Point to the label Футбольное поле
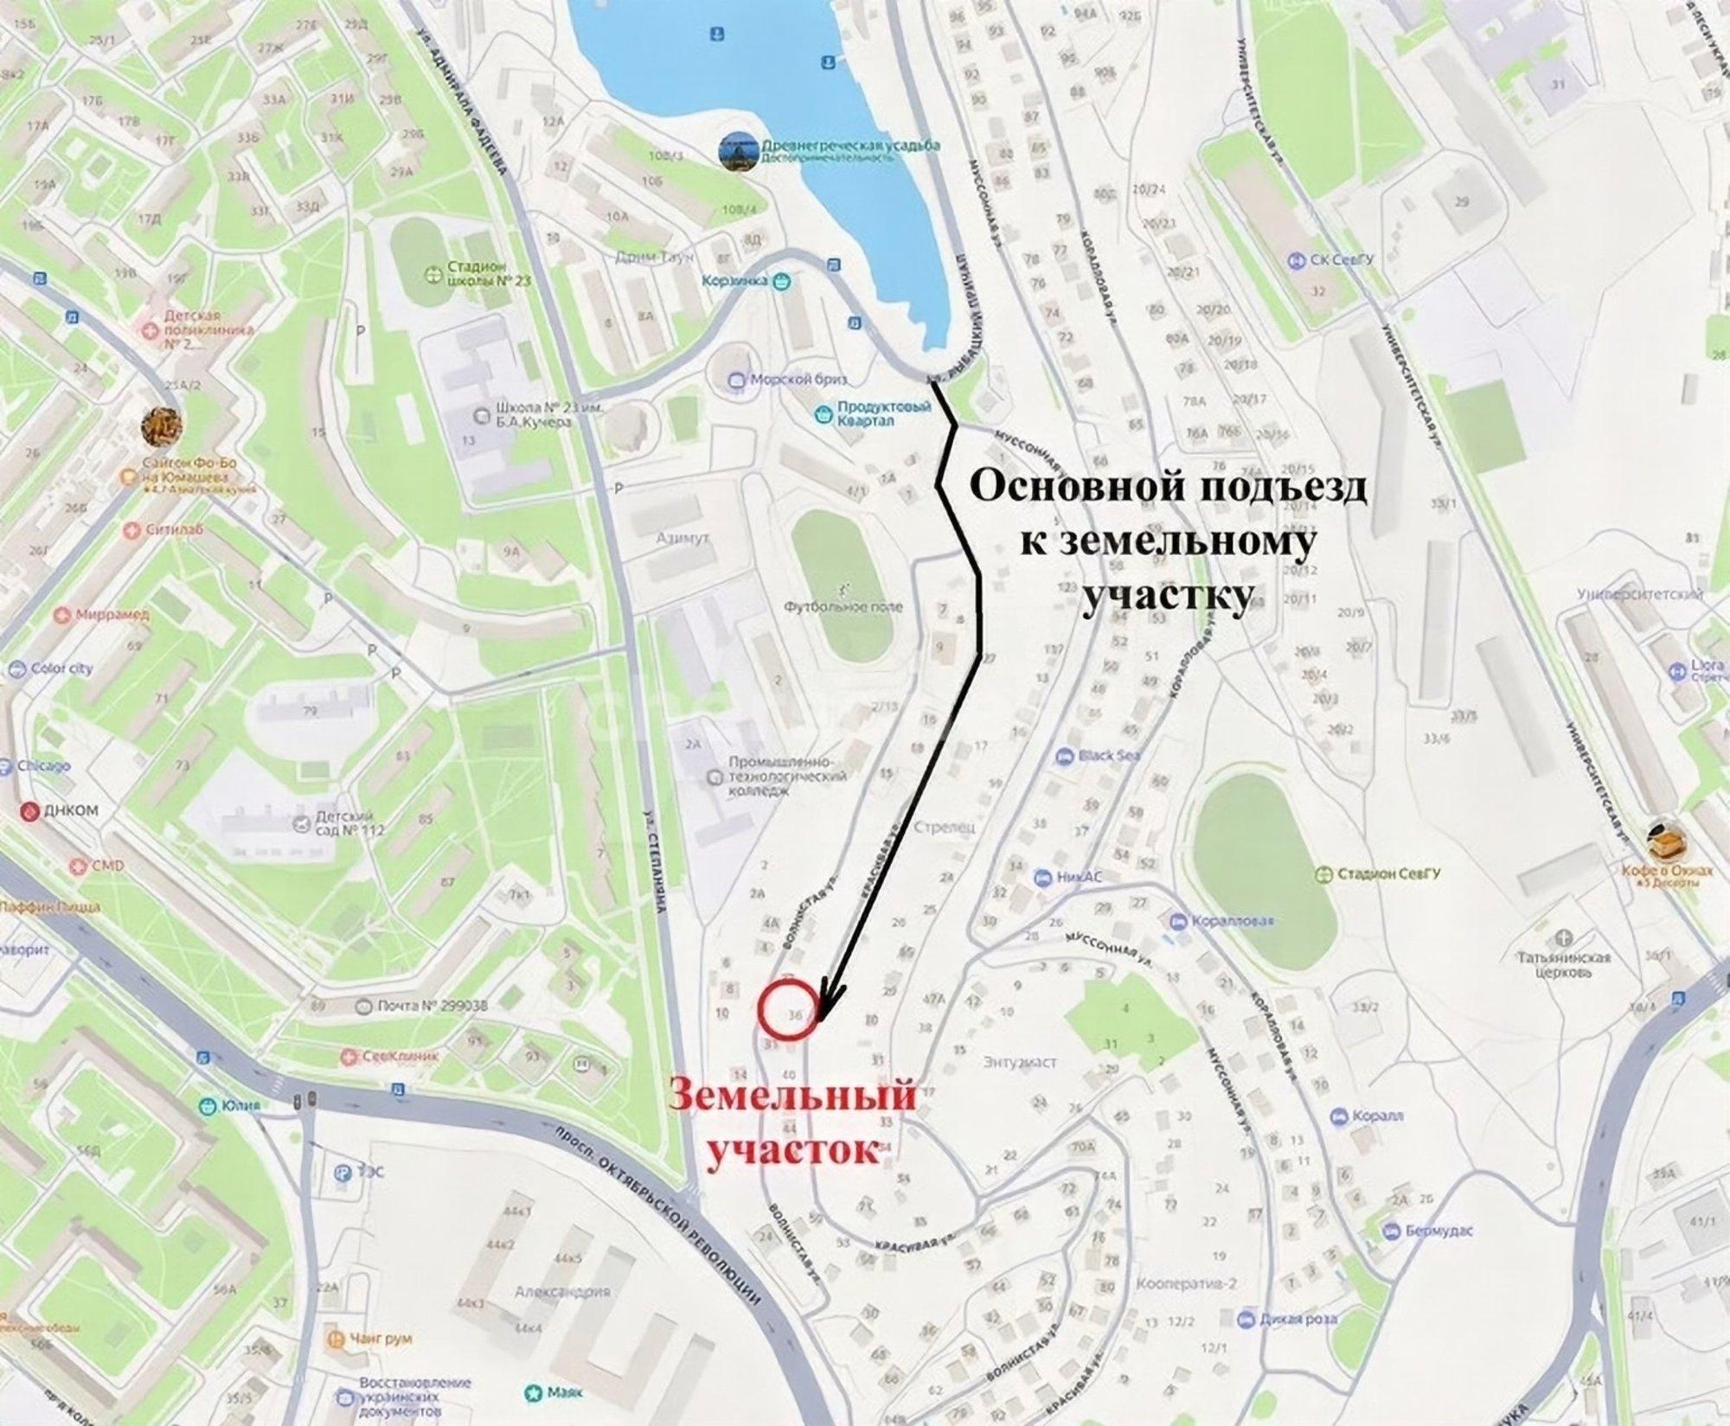point(843,606)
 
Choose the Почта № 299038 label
point(420,1007)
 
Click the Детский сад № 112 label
point(344,823)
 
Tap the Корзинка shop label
point(746,280)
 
